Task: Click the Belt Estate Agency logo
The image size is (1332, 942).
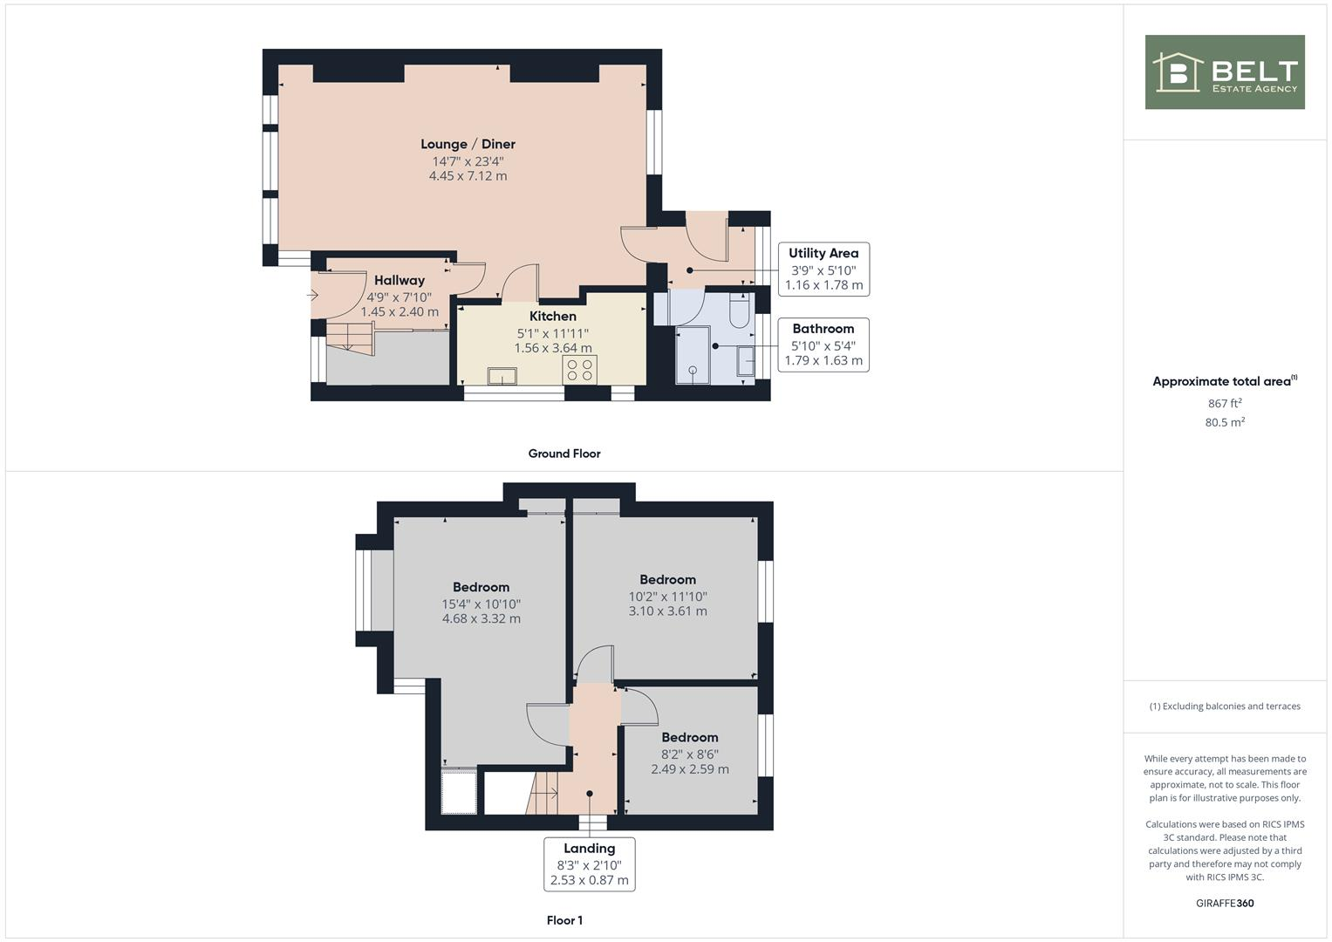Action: pos(1224,72)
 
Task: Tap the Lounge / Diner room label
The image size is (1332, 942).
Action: pos(468,145)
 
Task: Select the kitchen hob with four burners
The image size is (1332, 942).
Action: pos(580,369)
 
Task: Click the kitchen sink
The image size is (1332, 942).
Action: pos(502,376)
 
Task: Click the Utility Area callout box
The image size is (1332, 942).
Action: pos(823,269)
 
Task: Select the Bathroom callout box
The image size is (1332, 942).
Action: pos(823,345)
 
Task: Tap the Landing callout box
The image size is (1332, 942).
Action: pos(589,863)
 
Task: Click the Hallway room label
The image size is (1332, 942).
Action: pos(400,281)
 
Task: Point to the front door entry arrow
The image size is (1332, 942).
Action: pos(313,296)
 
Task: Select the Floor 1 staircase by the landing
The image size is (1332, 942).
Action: pos(543,793)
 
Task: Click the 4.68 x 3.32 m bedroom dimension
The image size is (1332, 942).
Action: pos(481,619)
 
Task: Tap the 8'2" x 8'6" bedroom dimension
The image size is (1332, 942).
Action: pos(689,754)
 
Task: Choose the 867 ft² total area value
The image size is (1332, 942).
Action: pos(1224,404)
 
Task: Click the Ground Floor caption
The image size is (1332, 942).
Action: pos(564,454)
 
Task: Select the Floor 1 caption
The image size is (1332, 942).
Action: pos(564,920)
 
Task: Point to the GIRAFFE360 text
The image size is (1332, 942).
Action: pos(1224,903)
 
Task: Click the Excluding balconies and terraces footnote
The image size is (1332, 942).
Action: pos(1224,706)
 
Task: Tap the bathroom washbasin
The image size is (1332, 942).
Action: pos(746,361)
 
